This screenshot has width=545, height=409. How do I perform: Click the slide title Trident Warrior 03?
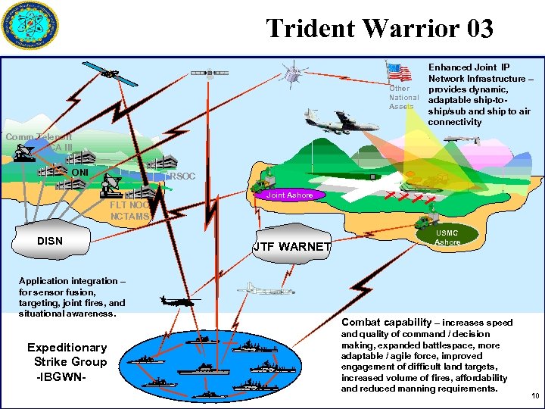click(x=379, y=28)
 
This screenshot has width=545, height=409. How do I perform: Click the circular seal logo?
click(x=30, y=28)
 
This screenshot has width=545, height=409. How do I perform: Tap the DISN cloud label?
click(x=50, y=241)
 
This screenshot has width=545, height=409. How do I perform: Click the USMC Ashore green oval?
click(x=447, y=237)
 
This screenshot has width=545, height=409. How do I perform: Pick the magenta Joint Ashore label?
click(x=290, y=195)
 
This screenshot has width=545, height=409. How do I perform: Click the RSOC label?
click(x=183, y=176)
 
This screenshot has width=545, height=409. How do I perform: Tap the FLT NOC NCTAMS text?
click(x=129, y=210)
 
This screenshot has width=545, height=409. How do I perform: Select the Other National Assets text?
click(x=403, y=98)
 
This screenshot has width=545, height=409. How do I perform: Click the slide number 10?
click(x=535, y=396)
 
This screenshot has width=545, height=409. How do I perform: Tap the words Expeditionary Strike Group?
click(x=67, y=354)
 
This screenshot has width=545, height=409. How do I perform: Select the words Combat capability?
click(x=386, y=322)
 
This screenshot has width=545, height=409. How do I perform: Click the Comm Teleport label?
click(x=39, y=137)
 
